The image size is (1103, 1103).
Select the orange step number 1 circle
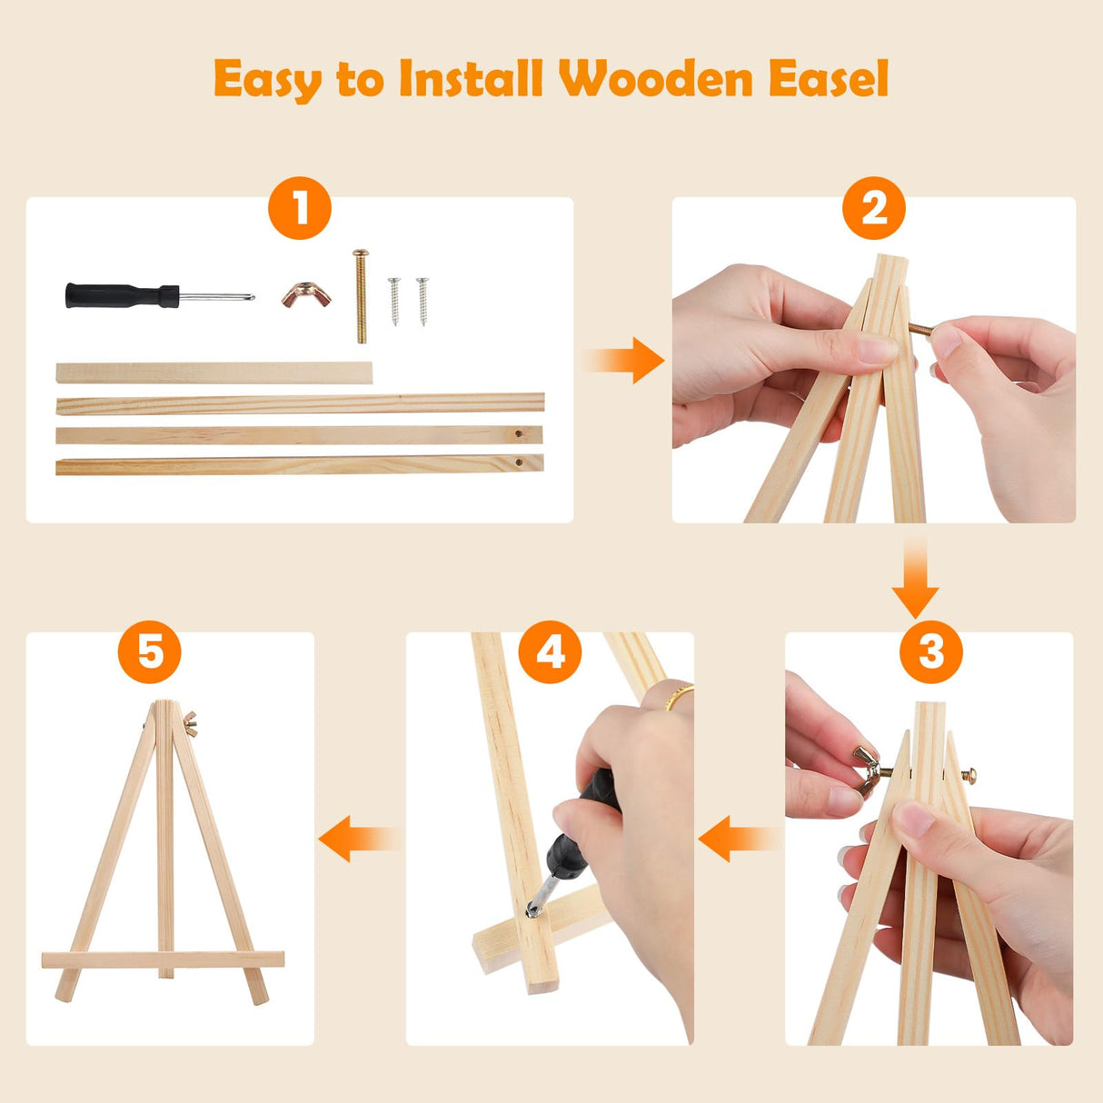(300, 209)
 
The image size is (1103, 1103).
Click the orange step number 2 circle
(873, 209)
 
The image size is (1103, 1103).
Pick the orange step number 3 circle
(930, 652)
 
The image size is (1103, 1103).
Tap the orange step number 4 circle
(550, 652)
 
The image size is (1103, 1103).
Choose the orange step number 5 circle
(150, 652)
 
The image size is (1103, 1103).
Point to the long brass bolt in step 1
(361, 296)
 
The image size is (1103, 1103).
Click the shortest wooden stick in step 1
(214, 373)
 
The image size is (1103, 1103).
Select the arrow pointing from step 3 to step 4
(738, 837)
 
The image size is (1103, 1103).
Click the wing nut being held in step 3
(867, 769)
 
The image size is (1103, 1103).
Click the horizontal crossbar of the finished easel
(163, 959)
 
